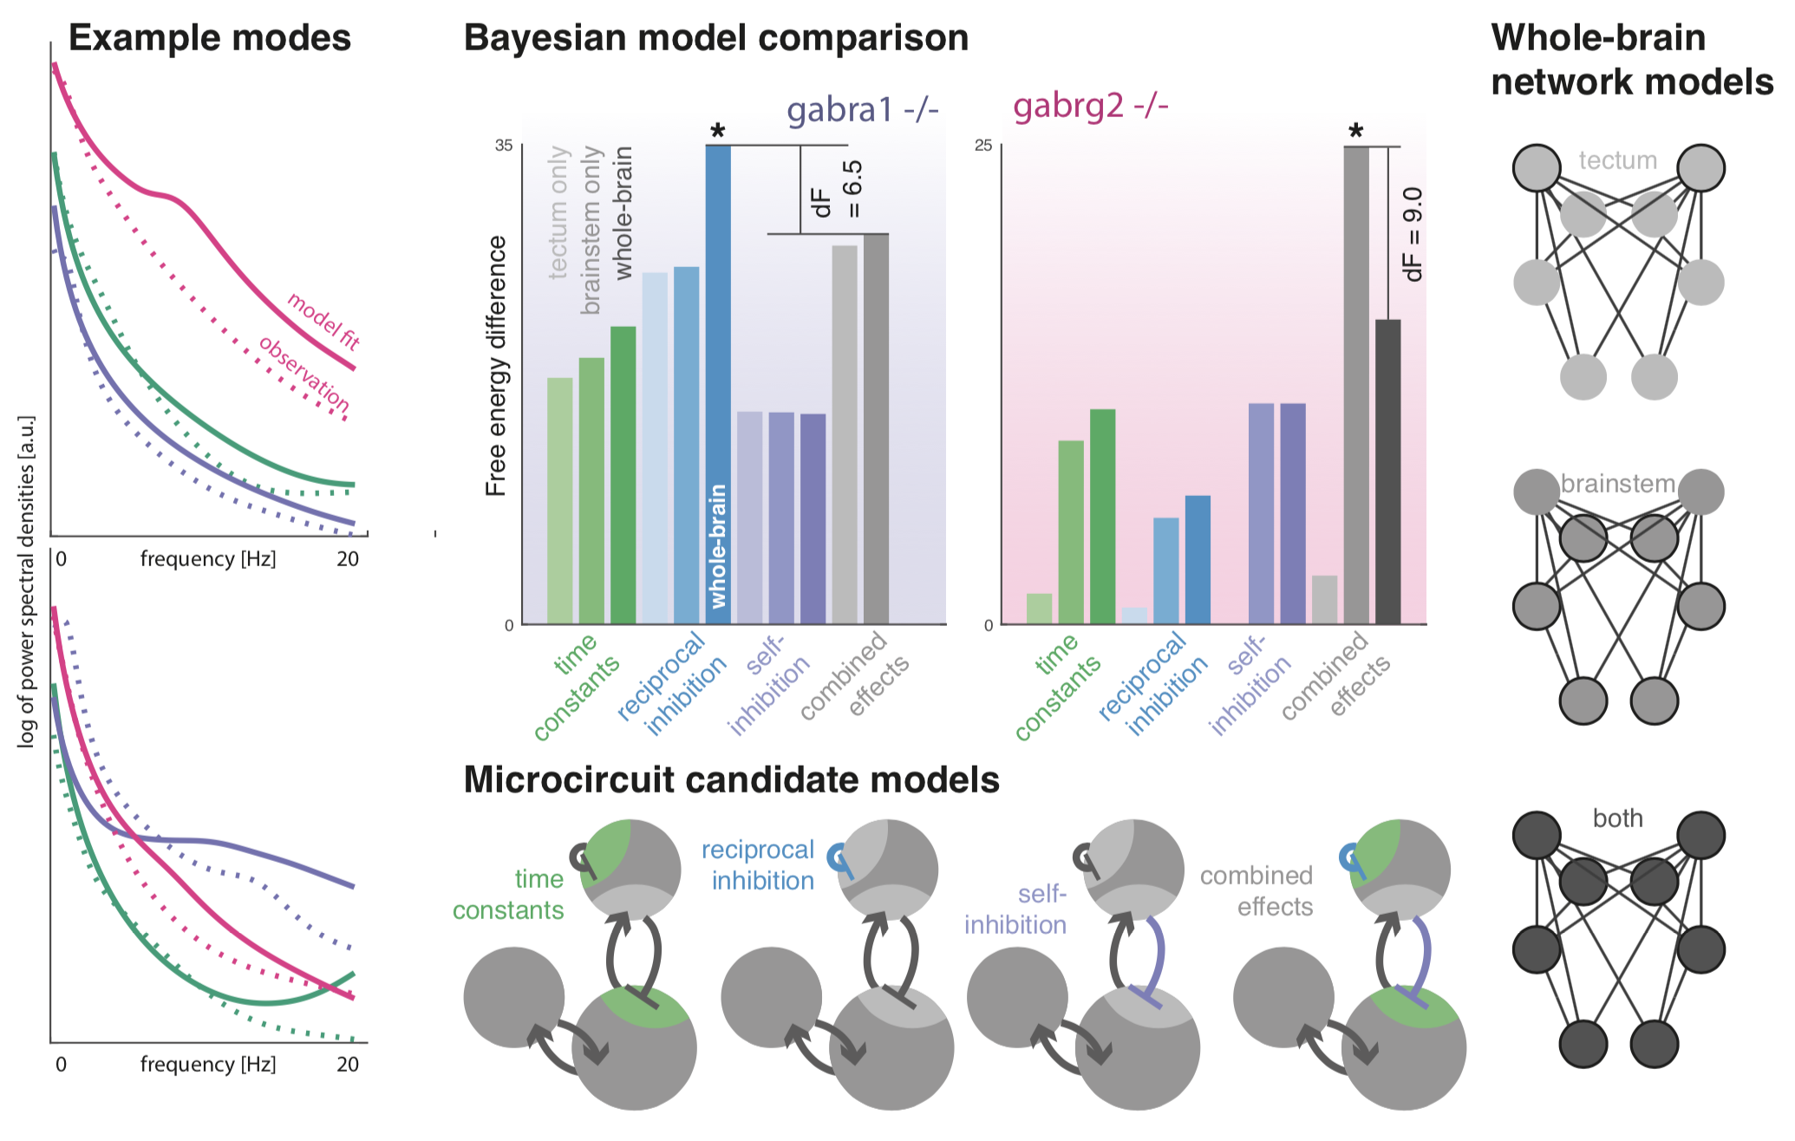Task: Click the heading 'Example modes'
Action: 209,38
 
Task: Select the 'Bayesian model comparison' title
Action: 715,38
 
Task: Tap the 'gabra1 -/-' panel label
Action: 862,110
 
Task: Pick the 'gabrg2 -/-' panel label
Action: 1090,106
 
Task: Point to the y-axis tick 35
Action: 504,146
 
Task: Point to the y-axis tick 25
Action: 982,146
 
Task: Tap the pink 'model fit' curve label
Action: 323,321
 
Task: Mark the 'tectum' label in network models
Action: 1617,160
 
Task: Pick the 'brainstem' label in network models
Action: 1617,484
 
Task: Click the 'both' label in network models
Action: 1617,818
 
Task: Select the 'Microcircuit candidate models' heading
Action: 731,780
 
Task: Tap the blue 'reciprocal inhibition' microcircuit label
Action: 760,865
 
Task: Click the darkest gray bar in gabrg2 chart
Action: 1387,472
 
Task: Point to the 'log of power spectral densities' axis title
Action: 27,581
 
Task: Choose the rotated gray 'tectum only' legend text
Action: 559,212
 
